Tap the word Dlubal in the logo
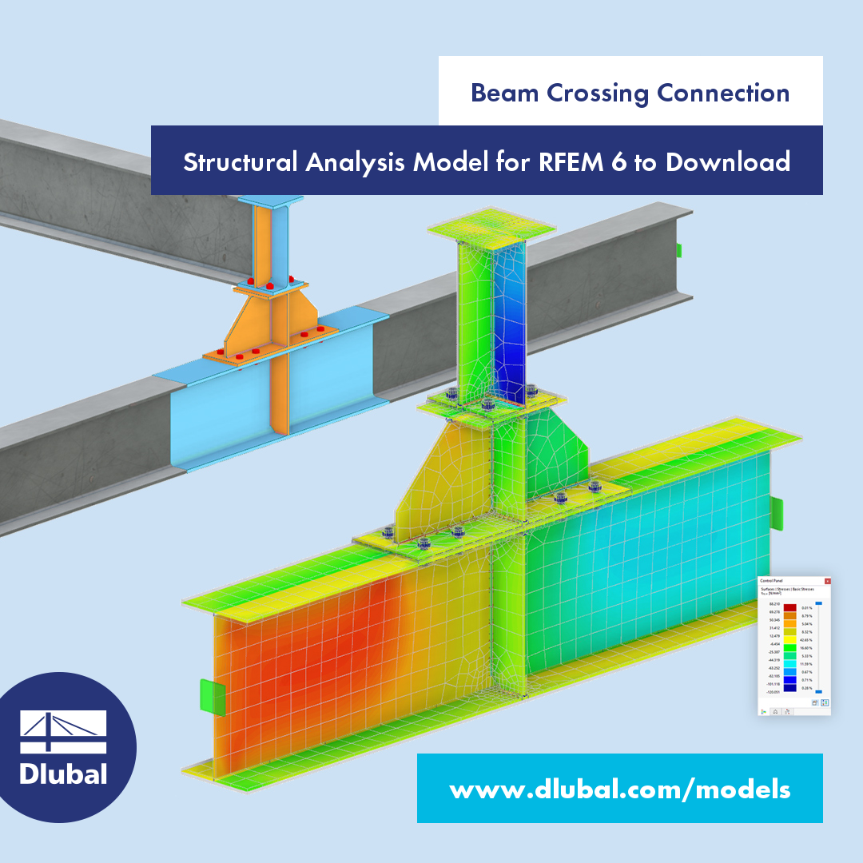62,774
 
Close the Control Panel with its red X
828,581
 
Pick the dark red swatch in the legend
790,607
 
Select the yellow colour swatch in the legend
790,640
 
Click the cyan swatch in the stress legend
790,664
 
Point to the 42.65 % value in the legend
806,640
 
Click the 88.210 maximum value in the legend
774,604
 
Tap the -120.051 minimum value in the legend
773,692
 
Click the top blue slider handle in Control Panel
818,603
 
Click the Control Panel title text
771,581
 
